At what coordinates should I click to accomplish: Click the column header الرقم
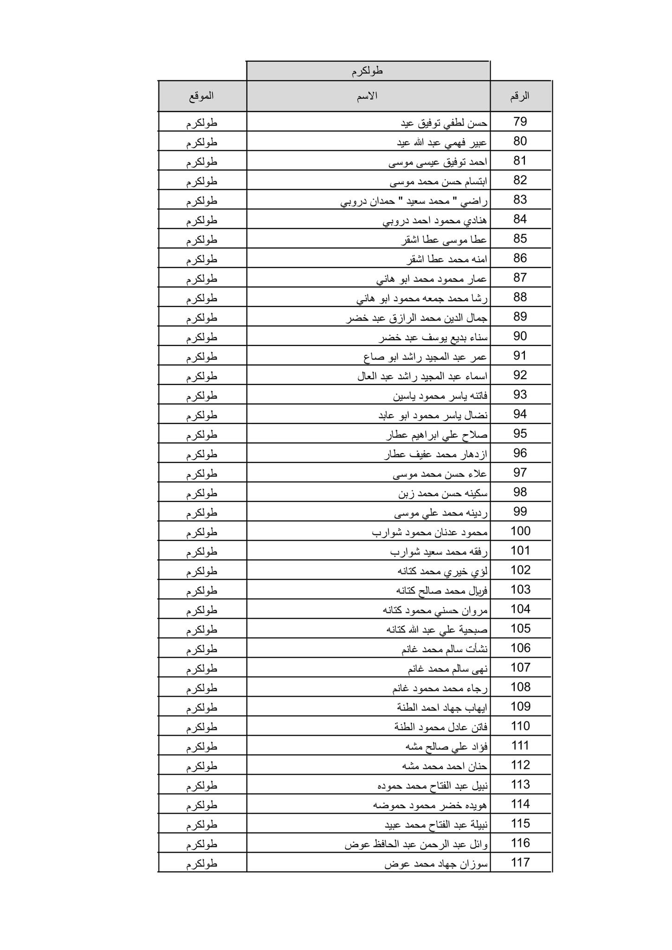(520, 96)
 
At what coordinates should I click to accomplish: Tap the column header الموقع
(201, 96)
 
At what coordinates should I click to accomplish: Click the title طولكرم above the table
(367, 71)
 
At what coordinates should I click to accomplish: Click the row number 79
(520, 122)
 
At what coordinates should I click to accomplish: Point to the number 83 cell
(520, 200)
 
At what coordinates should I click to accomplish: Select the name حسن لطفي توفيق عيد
(444, 123)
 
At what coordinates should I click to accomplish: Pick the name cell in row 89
(416, 318)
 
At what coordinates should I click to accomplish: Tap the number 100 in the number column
(520, 531)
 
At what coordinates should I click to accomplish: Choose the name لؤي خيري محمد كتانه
(442, 571)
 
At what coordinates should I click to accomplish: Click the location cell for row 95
(202, 435)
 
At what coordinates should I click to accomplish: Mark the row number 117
(520, 862)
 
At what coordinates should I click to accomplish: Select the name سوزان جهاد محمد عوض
(436, 863)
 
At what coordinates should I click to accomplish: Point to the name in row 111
(446, 746)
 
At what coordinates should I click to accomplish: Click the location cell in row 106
(202, 649)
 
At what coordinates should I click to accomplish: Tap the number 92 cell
(520, 375)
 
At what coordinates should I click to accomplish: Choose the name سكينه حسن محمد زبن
(443, 493)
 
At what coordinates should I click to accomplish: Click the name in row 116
(416, 844)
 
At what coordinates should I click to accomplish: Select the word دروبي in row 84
(395, 220)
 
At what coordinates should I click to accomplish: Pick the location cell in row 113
(202, 785)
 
